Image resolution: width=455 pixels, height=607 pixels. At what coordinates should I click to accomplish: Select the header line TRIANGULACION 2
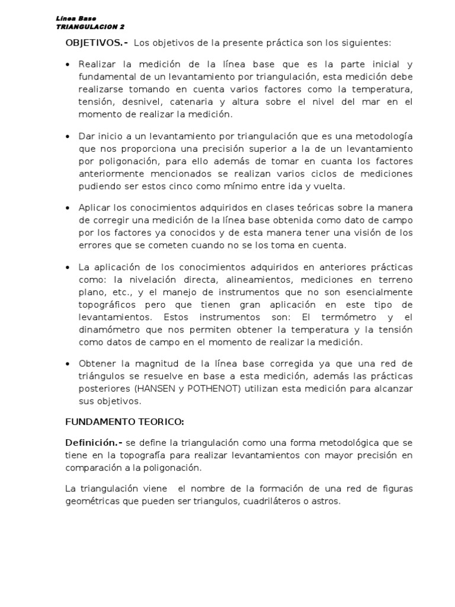[90, 27]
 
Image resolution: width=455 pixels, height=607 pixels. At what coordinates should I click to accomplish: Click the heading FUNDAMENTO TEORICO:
[124, 422]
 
